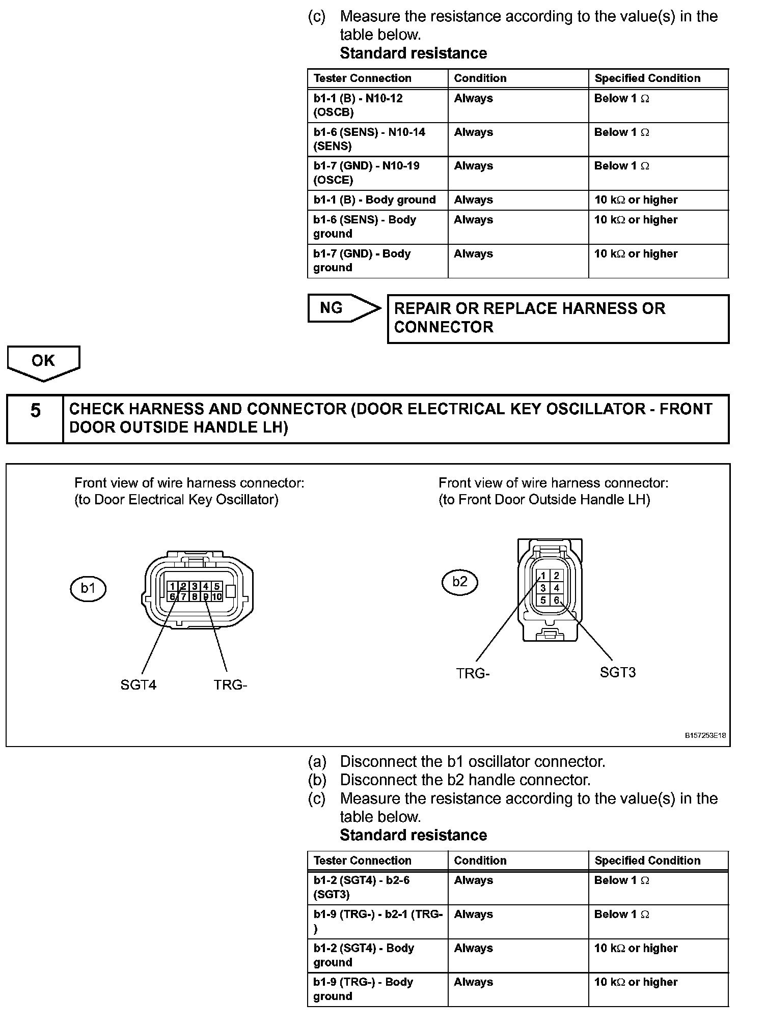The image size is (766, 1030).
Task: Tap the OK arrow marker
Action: tap(43, 361)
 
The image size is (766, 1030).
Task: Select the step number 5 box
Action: tap(35, 418)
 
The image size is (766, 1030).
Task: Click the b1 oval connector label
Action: tap(88, 588)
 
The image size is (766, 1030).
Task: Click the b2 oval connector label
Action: tap(459, 582)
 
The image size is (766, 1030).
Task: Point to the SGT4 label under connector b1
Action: tap(139, 685)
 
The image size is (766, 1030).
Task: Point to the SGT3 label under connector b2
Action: tap(617, 672)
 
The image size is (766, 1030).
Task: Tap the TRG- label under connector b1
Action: tap(230, 685)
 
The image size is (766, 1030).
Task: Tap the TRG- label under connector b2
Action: tap(473, 673)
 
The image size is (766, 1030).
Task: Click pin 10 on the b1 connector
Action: tap(217, 597)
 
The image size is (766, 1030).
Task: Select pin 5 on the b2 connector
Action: tap(543, 600)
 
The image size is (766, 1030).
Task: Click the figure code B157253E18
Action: tap(705, 735)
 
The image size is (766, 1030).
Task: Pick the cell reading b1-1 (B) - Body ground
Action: tap(375, 200)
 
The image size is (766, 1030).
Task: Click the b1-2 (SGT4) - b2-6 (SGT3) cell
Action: tap(362, 887)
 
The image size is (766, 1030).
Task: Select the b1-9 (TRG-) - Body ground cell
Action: tap(363, 989)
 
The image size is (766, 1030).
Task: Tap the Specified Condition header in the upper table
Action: tap(647, 78)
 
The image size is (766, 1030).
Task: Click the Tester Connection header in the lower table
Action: tap(363, 861)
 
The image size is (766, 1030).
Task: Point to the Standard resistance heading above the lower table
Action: tap(413, 835)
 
